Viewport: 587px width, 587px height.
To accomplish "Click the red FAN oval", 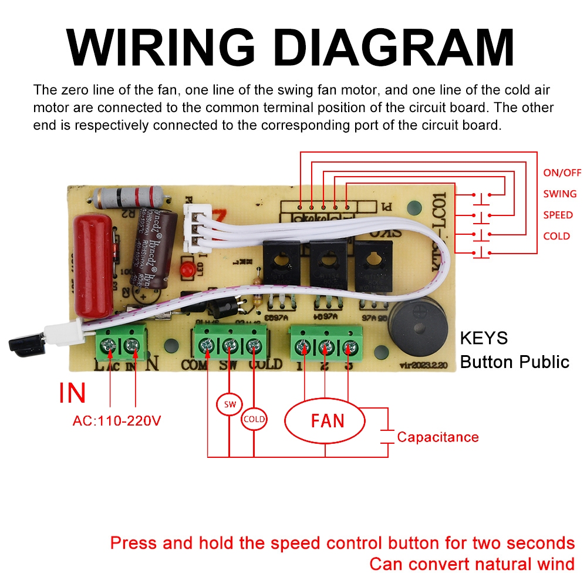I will [x=325, y=421].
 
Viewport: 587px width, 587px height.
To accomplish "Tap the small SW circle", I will [x=229, y=404].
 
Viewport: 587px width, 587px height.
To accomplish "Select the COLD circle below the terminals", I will [x=254, y=419].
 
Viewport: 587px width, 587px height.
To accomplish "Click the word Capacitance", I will [x=437, y=437].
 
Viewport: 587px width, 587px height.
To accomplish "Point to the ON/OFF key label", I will [x=562, y=173].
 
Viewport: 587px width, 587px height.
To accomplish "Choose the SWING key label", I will [x=559, y=194].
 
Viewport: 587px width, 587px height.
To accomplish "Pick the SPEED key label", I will [x=558, y=215].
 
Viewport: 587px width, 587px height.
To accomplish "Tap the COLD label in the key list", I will [x=556, y=236].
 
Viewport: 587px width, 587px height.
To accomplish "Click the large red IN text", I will [x=72, y=393].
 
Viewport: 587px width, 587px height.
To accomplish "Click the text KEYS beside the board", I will [x=484, y=339].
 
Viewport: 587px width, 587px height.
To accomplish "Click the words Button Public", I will [x=514, y=362].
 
